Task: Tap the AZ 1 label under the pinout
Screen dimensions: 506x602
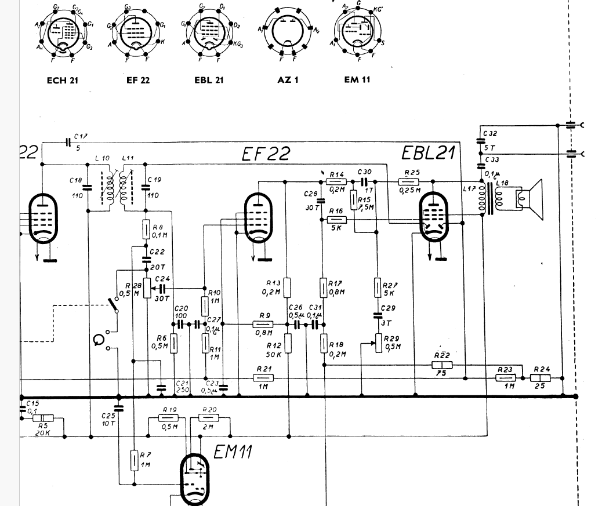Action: [x=288, y=80]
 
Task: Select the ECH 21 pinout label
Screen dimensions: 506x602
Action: [x=62, y=80]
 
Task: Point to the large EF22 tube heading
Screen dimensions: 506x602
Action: [x=266, y=155]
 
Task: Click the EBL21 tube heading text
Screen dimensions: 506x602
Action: [x=429, y=154]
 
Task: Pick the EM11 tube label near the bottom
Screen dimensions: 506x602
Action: [x=233, y=452]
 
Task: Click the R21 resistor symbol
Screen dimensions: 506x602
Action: [x=264, y=378]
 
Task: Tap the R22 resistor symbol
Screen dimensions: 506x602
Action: [x=442, y=365]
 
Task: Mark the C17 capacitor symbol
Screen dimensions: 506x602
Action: [x=68, y=141]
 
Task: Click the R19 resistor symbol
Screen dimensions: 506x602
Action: [x=169, y=418]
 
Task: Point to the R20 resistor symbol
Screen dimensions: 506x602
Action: [x=208, y=418]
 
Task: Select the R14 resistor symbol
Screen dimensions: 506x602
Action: [x=337, y=182]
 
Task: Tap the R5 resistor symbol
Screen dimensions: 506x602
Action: [x=44, y=418]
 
